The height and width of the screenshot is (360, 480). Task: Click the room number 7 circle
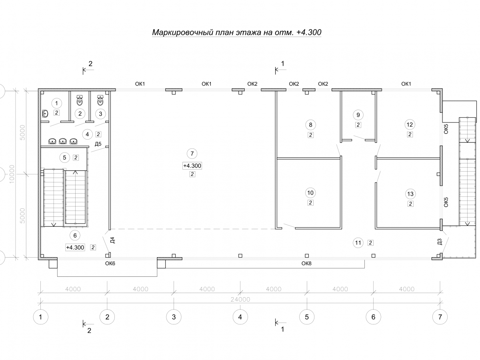192,154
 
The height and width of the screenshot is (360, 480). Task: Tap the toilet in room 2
80,100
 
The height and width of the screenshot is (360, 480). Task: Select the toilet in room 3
100,100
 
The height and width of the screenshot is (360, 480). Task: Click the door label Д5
98,144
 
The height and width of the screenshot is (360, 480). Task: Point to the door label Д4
112,240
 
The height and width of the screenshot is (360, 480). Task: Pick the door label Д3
440,242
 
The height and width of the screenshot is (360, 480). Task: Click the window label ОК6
110,263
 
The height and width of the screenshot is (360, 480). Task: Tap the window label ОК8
306,263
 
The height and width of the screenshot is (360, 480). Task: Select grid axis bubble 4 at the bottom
240,317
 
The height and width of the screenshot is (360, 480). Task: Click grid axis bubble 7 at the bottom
440,317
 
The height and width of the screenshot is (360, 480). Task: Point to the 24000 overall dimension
240,299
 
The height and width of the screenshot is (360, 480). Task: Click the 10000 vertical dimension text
12,174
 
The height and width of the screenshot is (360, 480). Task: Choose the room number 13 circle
410,194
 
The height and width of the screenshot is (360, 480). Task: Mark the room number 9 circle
358,115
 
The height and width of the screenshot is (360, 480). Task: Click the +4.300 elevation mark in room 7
192,166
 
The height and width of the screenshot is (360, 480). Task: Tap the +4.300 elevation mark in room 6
75,248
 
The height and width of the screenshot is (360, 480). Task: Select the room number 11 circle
358,243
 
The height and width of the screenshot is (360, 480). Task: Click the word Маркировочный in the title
182,32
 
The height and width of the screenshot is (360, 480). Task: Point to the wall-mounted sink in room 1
45,114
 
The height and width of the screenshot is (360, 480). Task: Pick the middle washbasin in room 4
63,141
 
